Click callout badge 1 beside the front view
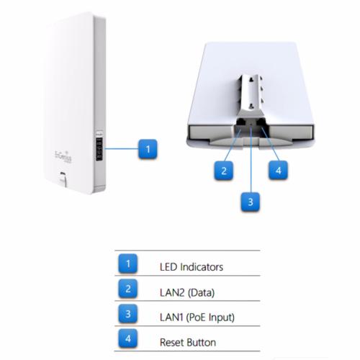[x=148, y=149]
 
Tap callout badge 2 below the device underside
[x=224, y=171]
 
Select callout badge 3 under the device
[x=251, y=202]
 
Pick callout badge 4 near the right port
[x=278, y=171]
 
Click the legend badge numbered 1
[x=128, y=264]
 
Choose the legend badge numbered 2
[x=128, y=289]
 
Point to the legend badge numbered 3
[x=128, y=314]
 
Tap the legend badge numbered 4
[x=128, y=338]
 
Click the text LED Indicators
[x=192, y=267]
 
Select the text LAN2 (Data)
[x=187, y=292]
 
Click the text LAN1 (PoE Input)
[x=197, y=318]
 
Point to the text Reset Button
[x=188, y=342]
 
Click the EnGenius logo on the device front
[x=63, y=157]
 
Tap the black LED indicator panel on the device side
[x=99, y=148]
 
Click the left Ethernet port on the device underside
[x=240, y=122]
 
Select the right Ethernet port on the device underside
[x=260, y=122]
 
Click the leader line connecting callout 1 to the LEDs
[x=122, y=149]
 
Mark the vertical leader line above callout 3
[x=251, y=159]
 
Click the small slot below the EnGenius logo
[x=63, y=174]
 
